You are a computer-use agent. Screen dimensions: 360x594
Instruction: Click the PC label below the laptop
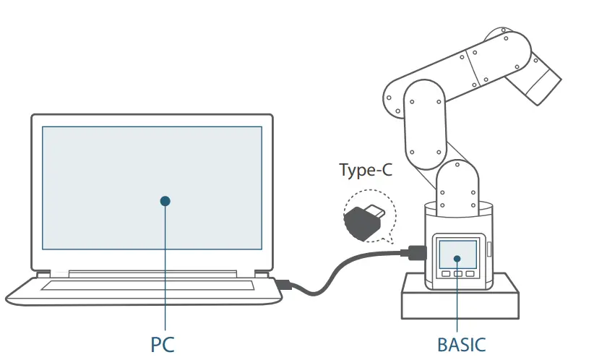(163, 344)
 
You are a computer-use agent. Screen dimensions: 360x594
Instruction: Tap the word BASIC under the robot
(461, 344)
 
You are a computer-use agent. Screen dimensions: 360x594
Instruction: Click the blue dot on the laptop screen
(165, 200)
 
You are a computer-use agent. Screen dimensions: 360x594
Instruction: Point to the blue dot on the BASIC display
(457, 257)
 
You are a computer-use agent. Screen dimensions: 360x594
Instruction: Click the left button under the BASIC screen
(446, 275)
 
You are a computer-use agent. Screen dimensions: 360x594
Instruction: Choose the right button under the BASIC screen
(470, 275)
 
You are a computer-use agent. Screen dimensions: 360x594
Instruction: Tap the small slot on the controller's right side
(489, 249)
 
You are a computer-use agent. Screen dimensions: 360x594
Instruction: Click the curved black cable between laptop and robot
(340, 271)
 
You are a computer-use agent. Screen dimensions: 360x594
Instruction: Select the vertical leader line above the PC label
(165, 267)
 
